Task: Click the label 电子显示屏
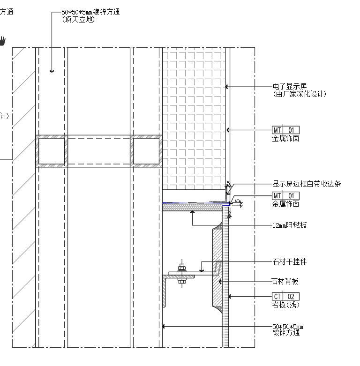pos(289,87)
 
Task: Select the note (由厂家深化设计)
pos(299,94)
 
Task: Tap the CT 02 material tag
pos(285,296)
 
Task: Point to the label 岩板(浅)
pos(286,305)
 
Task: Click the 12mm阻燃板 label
pos(290,225)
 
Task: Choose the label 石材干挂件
pos(289,261)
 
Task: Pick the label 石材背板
pos(285,281)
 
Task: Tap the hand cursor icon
pos(3,41)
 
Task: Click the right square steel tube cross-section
pos(146,151)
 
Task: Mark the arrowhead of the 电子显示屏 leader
pos(227,87)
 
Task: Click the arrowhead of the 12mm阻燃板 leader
pos(192,212)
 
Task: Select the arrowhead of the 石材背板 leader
pos(220,281)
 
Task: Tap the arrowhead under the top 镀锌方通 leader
pos(52,71)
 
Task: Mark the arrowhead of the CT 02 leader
pos(229,296)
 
